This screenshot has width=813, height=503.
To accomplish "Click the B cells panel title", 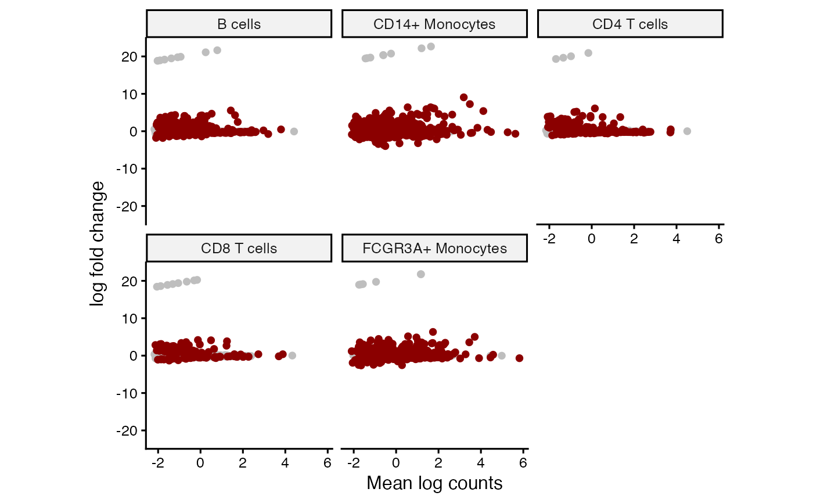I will [239, 24].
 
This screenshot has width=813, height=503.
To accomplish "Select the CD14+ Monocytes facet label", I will [434, 24].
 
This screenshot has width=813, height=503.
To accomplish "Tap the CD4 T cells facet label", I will [630, 24].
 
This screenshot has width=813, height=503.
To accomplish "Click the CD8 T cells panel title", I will [239, 249].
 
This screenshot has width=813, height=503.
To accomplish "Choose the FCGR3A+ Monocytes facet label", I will [434, 249].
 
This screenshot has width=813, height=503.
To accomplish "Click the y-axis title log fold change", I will [98, 243].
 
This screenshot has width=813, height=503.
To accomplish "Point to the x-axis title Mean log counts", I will [434, 483].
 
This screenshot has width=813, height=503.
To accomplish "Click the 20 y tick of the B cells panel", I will [129, 56].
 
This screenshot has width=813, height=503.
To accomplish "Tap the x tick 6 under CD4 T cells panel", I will [719, 239].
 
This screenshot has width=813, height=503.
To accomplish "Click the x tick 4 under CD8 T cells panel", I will [285, 463].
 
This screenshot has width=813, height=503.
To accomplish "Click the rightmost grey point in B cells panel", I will [294, 131].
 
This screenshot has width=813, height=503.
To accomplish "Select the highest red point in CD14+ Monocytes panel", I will [463, 98].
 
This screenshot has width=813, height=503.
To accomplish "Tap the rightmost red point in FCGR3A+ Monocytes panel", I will [519, 358].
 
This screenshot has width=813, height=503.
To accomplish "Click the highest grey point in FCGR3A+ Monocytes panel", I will [421, 274].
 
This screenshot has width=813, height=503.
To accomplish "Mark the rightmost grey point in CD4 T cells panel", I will [687, 131].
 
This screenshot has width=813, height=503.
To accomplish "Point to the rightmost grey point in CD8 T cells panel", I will [292, 355].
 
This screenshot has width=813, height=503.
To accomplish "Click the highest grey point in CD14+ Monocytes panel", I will [431, 46].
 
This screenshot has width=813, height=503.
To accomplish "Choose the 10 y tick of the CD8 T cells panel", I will [129, 318].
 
